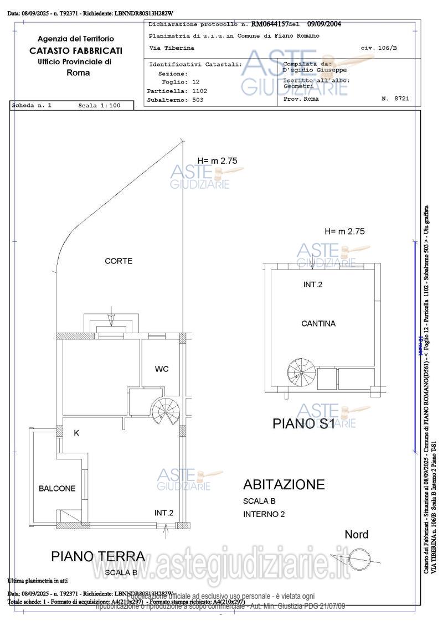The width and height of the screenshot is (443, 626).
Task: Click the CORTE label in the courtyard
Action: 119,261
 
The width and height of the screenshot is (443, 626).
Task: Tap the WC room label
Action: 162,369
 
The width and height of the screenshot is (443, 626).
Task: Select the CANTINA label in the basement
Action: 318,323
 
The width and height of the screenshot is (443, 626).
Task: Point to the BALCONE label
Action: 57,488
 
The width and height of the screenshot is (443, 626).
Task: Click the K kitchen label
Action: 76,433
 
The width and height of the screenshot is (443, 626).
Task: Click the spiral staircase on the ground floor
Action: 165,412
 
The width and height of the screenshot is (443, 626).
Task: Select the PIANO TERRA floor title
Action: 98,556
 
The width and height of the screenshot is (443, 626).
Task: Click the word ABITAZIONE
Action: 284,484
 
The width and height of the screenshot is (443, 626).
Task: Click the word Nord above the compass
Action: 356,535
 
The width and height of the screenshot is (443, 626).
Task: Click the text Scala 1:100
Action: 99,105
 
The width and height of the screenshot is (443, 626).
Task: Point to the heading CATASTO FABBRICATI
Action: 76,50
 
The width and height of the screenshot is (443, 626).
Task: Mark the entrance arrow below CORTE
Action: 111,320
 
